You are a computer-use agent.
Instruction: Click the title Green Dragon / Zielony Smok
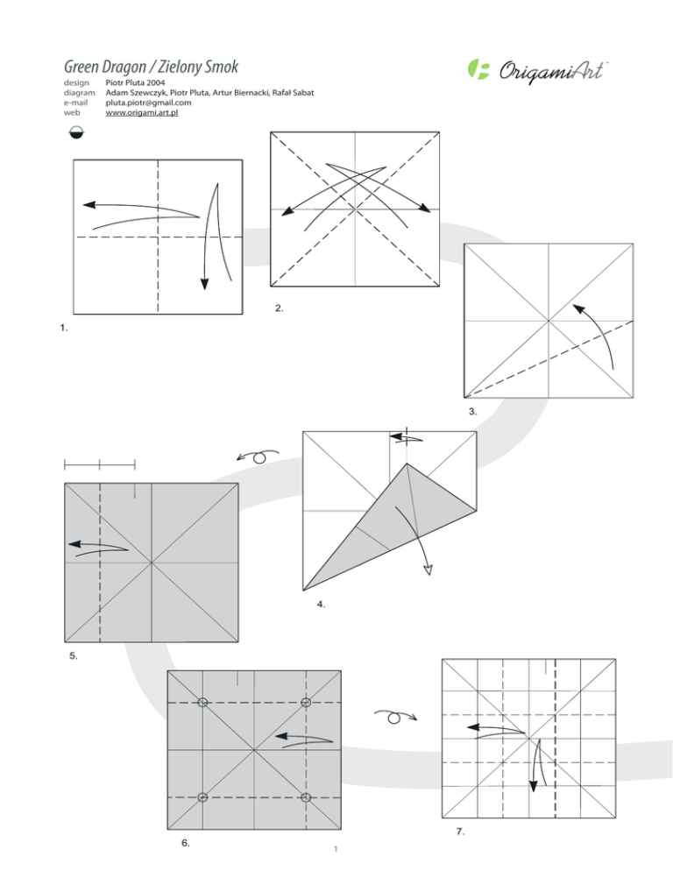tap(151, 67)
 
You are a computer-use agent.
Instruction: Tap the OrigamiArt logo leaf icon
tap(479, 69)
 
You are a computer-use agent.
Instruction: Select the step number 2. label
tap(279, 308)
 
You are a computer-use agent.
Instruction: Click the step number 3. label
tap(472, 410)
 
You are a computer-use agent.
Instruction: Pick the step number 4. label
tap(322, 604)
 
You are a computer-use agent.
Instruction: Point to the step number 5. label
tap(74, 655)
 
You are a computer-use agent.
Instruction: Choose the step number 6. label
tap(186, 842)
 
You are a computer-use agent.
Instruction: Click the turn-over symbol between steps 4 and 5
tap(258, 457)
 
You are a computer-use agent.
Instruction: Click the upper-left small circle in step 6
tap(203, 702)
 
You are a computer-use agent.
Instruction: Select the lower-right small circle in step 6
tap(306, 797)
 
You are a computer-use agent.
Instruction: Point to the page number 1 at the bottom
tap(336, 848)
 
